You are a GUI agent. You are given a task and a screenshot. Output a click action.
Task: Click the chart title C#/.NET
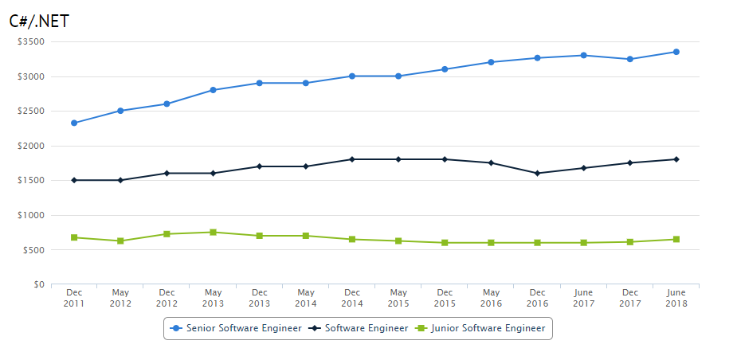click(40, 22)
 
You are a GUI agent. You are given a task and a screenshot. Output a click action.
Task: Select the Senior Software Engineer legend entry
click(237, 328)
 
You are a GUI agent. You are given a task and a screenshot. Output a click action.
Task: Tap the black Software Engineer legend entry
click(361, 328)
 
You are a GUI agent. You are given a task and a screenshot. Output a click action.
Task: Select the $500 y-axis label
click(33, 250)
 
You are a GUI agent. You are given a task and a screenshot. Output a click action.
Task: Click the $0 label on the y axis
click(38, 284)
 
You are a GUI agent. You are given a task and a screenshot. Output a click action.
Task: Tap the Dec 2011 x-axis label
click(74, 297)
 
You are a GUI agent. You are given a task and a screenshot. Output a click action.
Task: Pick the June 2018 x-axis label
click(676, 297)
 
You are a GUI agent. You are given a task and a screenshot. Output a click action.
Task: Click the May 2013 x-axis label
click(213, 297)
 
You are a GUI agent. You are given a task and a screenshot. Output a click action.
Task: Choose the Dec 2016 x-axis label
click(537, 297)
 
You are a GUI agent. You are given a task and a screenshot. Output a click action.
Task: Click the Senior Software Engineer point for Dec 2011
click(74, 123)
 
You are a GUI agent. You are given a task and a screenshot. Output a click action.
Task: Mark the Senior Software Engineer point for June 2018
click(676, 52)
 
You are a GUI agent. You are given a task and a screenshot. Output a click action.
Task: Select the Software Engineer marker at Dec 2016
click(537, 173)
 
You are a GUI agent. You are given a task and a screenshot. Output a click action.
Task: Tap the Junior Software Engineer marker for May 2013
click(213, 232)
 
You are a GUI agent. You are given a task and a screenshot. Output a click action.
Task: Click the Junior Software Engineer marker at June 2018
click(676, 239)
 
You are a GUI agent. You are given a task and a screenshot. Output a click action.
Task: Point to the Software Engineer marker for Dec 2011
click(74, 180)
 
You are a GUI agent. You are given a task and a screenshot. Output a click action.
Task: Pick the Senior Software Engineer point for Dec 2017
click(629, 59)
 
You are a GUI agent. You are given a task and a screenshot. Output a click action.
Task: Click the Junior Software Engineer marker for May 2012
click(120, 241)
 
